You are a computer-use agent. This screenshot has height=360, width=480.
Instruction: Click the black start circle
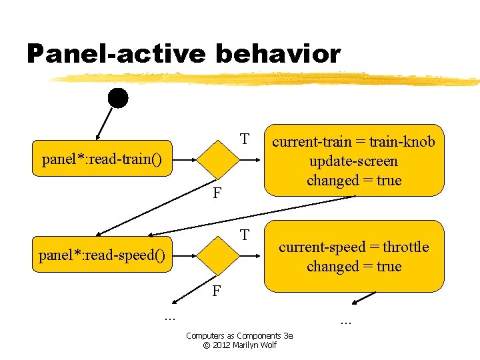[x=118, y=98]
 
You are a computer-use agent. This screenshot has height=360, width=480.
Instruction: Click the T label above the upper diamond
[x=245, y=139]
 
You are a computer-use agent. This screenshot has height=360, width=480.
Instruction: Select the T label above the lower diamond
[x=245, y=235]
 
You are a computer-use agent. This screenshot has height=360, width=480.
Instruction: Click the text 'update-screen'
[x=353, y=161]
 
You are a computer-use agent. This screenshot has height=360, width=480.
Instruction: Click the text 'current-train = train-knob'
[x=353, y=141]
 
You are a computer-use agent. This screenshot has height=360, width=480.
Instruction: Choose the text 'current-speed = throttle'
[x=353, y=247]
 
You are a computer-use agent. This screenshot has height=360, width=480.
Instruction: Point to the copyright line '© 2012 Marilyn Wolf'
[x=239, y=345]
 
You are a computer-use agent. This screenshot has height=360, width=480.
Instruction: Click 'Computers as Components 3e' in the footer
[x=239, y=335]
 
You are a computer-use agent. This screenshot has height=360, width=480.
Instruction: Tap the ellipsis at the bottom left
[x=169, y=317]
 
